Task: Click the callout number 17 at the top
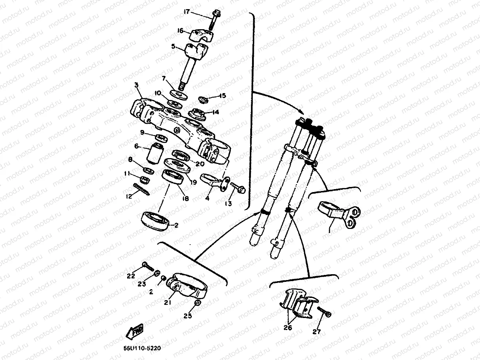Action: click(186, 12)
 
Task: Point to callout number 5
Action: click(174, 46)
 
